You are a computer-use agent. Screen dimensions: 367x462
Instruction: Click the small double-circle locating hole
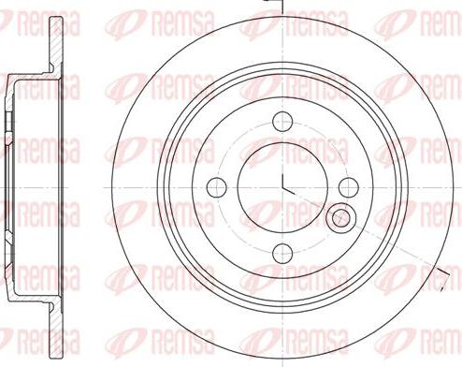coord(343,218)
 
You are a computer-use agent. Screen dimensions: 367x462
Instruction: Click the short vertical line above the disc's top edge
coord(282,7)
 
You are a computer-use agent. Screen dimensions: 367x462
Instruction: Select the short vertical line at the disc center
coord(282,174)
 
